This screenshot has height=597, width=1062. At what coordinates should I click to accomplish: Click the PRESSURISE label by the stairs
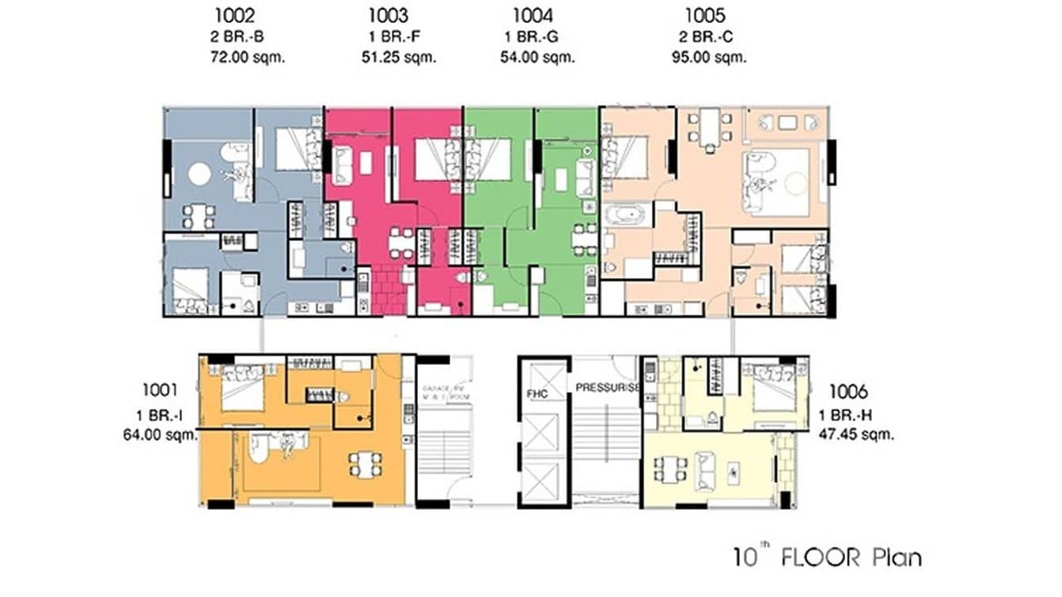(607, 388)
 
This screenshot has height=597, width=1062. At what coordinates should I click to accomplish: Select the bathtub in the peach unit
(625, 215)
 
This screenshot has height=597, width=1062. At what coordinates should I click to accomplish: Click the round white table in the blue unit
(199, 173)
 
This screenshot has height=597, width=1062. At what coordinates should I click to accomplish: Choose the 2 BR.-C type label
(707, 36)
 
